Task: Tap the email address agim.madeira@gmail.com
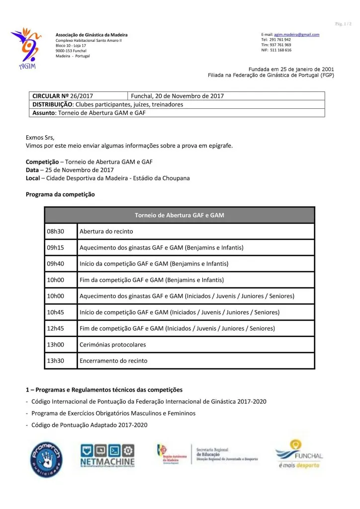297,34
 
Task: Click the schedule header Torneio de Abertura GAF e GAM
180,215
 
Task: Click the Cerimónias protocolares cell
196,344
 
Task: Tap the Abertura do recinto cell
196,232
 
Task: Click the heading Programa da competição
60,194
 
